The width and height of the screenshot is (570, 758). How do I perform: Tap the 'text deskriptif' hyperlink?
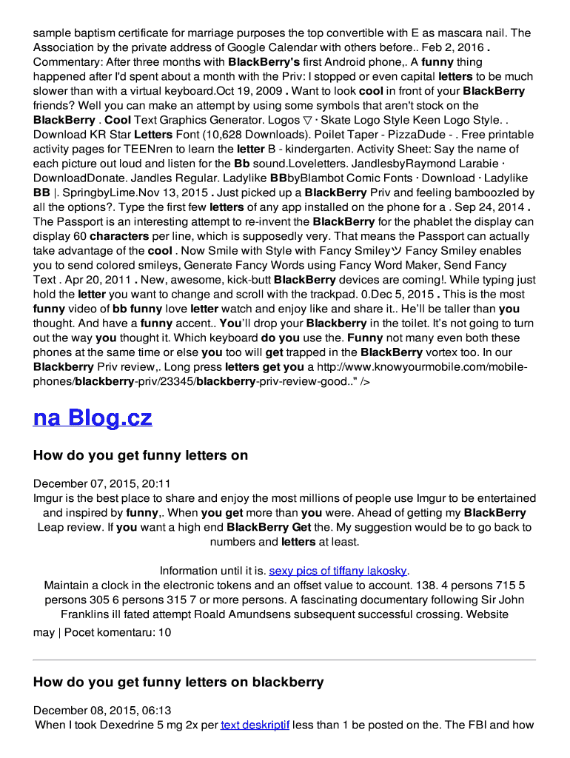[x=255, y=725]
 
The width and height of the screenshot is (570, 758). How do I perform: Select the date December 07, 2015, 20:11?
[x=102, y=483]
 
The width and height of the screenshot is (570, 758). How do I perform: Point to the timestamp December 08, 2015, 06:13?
[x=102, y=710]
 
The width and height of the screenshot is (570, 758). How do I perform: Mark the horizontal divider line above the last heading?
[x=284, y=660]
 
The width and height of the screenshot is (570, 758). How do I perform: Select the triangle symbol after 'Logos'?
[x=296, y=120]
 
